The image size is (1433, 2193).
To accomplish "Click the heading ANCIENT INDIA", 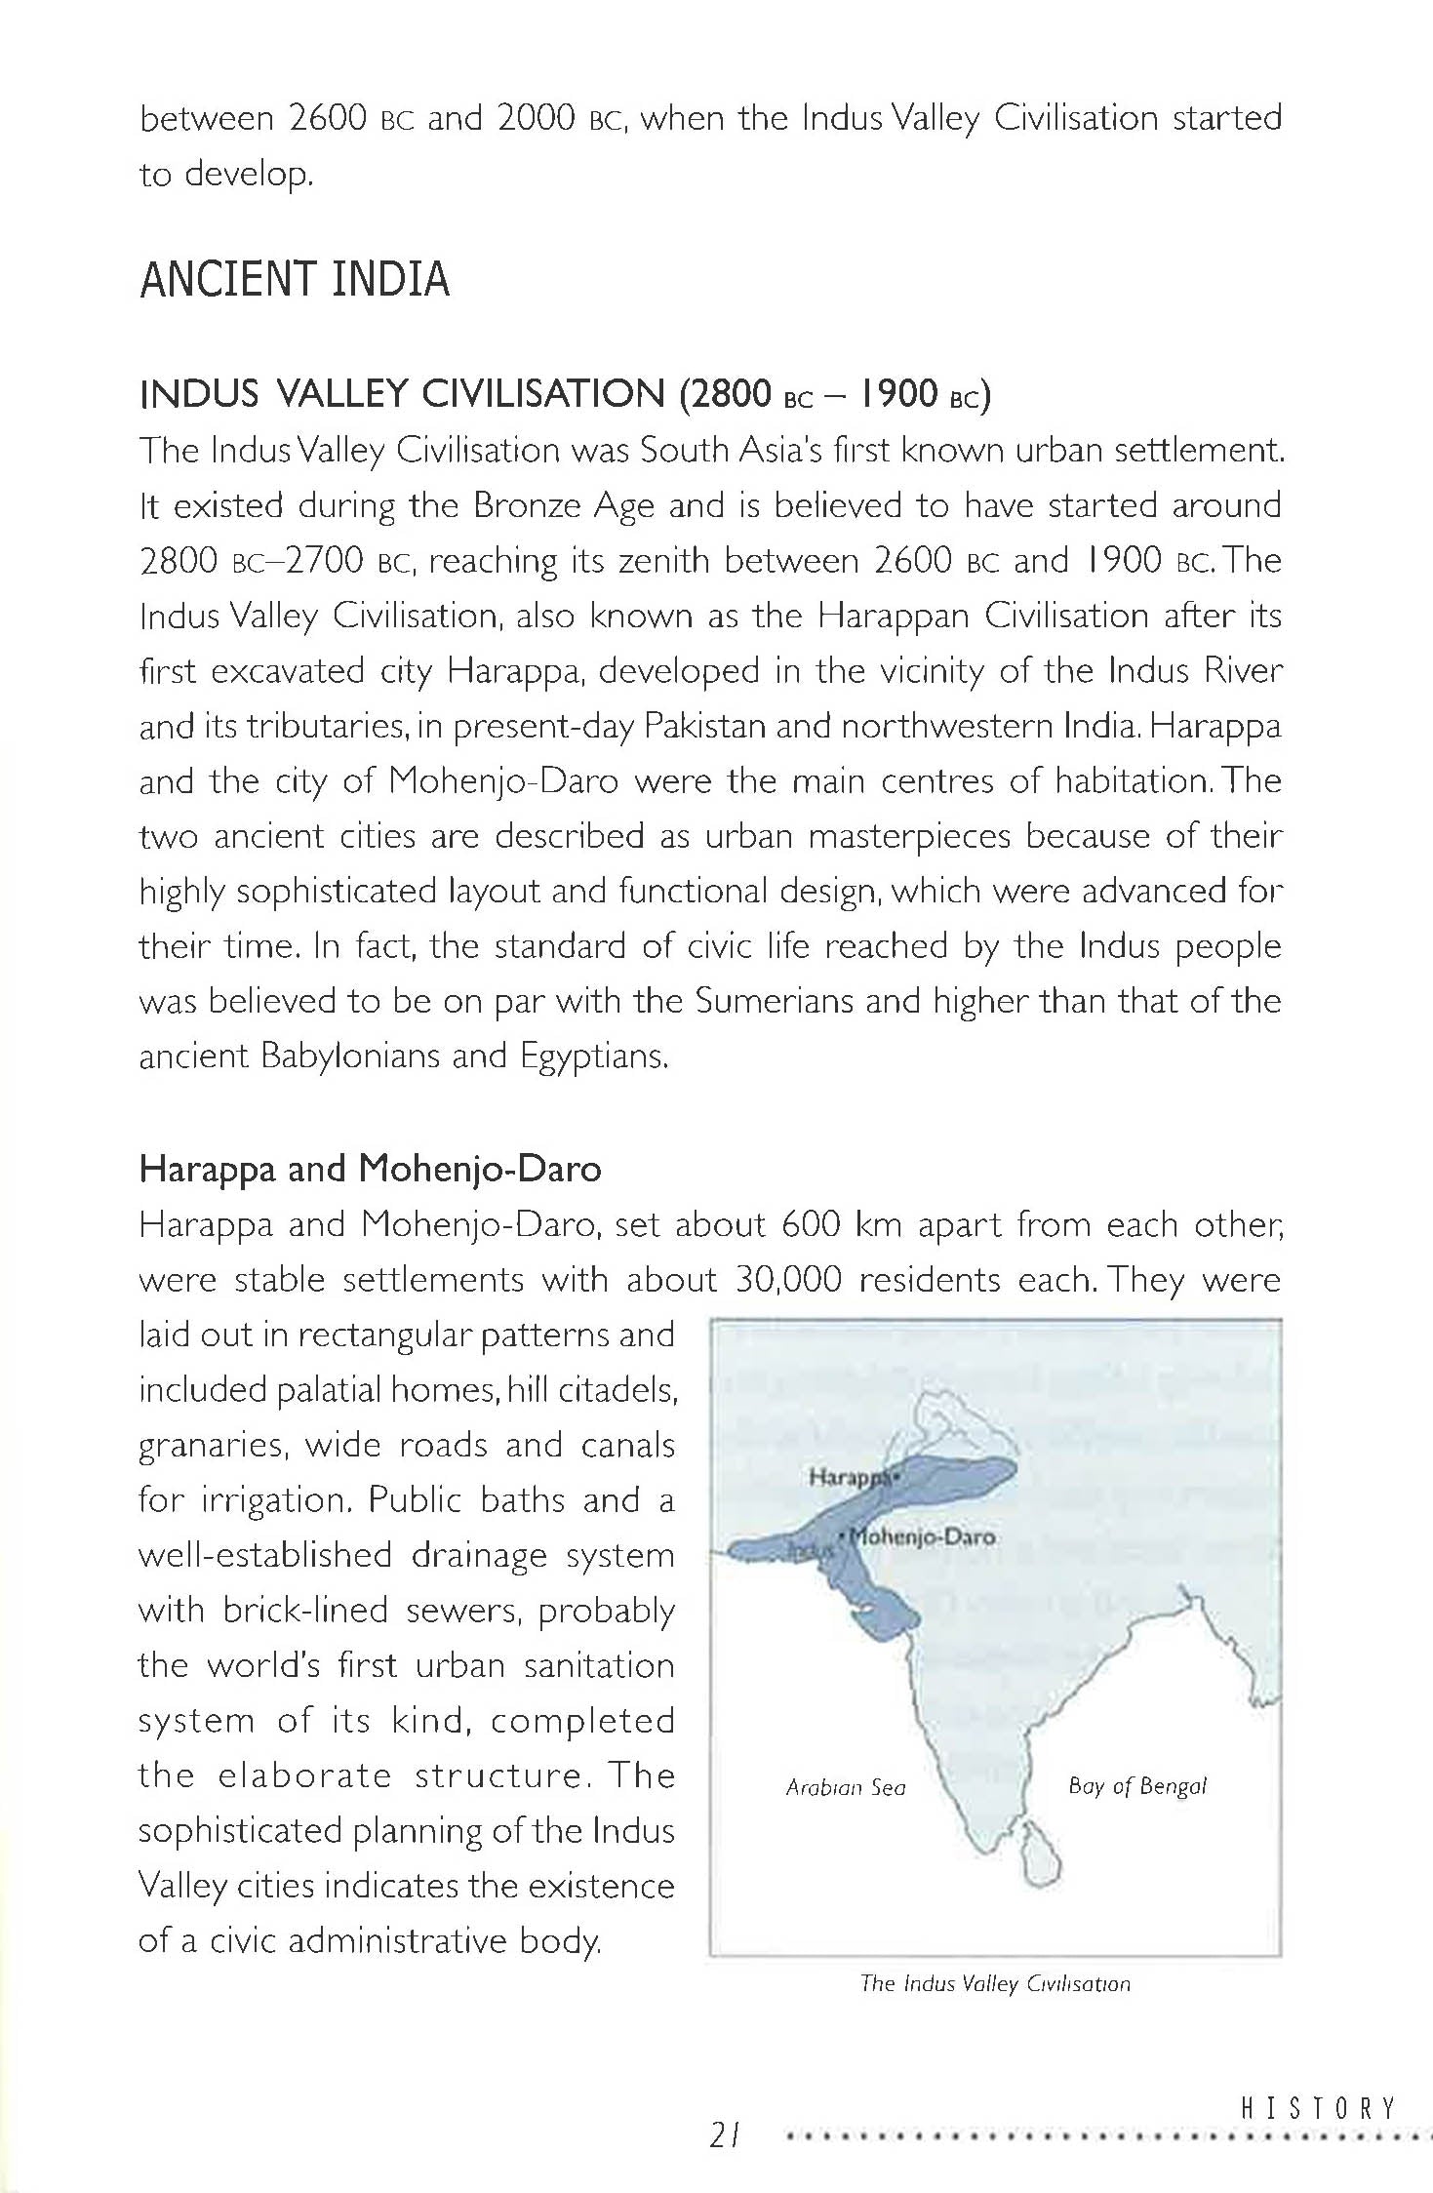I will (295, 280).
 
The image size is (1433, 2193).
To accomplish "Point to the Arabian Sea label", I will (845, 1787).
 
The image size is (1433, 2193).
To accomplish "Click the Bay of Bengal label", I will (1136, 1786).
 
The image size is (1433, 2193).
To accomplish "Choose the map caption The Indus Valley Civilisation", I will (995, 1983).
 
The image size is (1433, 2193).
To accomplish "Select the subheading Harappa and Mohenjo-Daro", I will (370, 1169).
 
